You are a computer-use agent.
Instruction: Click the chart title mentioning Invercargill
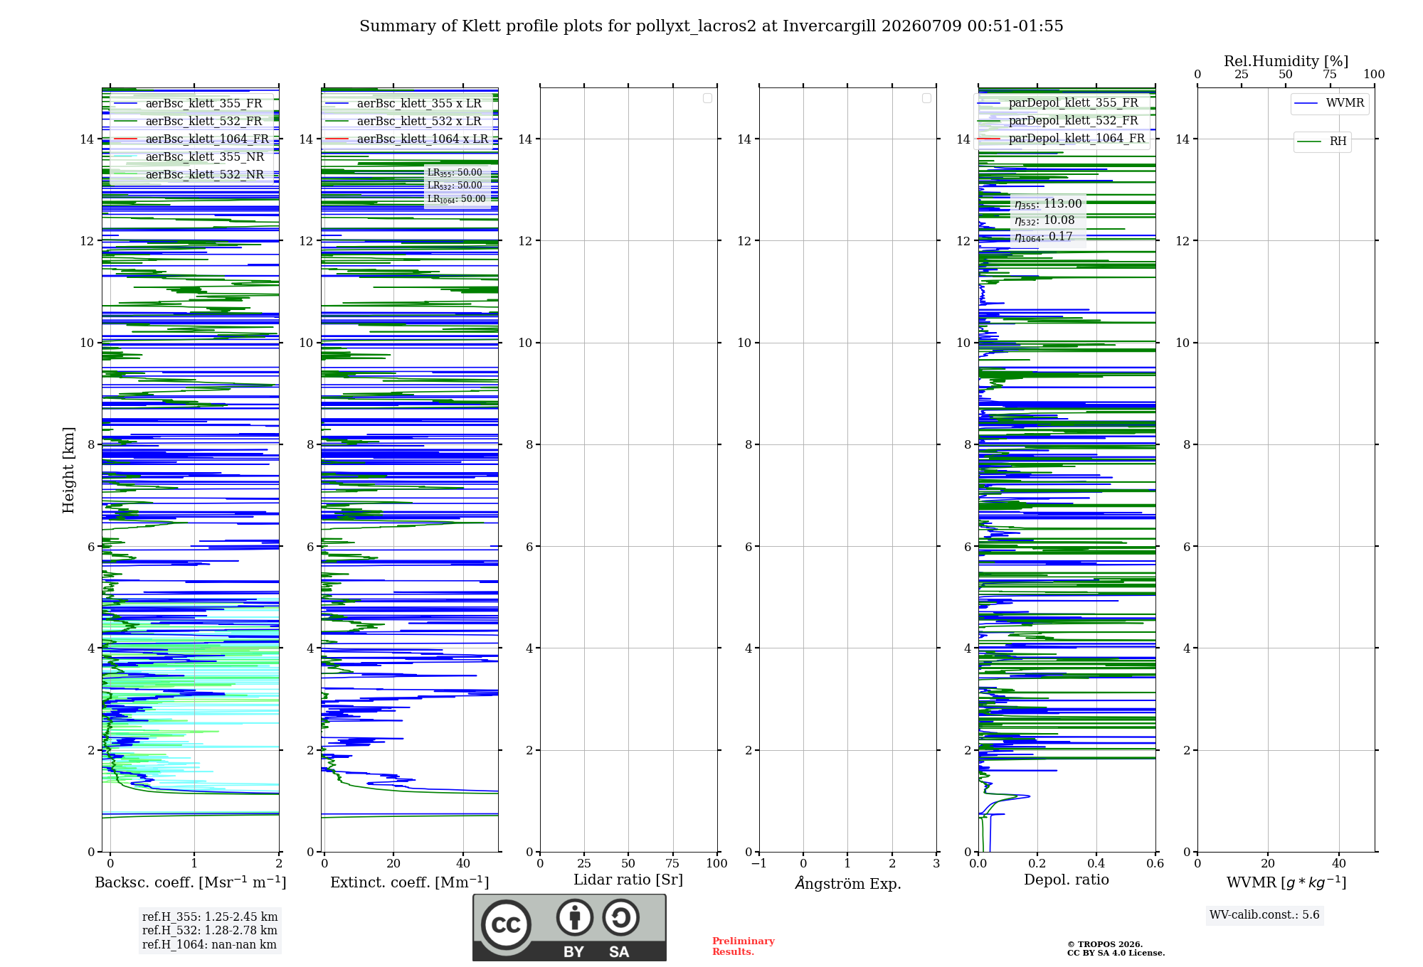click(711, 26)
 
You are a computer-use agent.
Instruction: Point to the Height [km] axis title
click(68, 470)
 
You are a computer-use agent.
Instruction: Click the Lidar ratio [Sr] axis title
click(628, 880)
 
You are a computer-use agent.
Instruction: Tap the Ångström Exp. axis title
click(848, 883)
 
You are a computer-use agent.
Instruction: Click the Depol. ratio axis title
click(1067, 880)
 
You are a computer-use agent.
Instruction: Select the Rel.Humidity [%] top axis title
click(1286, 61)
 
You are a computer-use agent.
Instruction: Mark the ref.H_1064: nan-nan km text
click(209, 944)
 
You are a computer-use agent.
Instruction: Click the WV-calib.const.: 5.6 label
click(1264, 915)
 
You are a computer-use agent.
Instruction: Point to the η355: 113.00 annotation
click(1048, 204)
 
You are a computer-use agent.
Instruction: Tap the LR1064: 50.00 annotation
click(457, 199)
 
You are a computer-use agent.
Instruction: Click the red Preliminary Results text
click(744, 946)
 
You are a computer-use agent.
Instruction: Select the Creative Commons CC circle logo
click(506, 925)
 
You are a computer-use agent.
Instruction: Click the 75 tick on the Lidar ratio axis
click(672, 863)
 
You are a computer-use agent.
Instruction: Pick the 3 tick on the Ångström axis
click(936, 863)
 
